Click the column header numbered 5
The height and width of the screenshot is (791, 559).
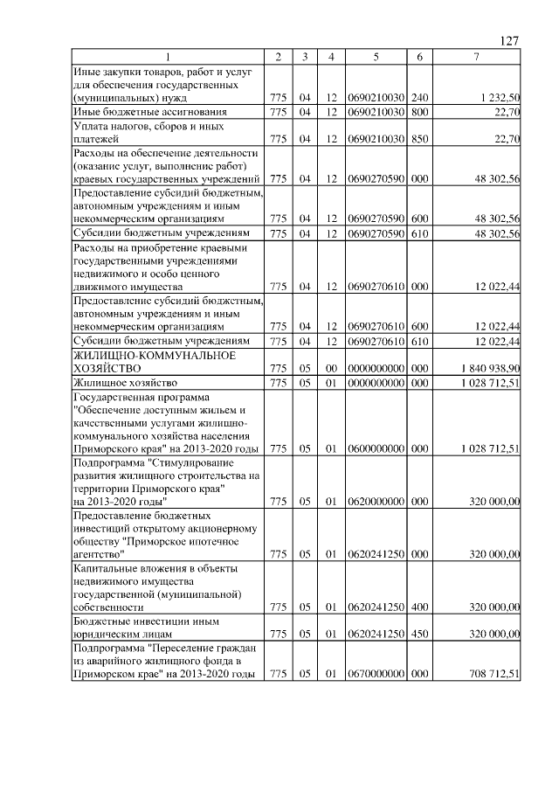375,57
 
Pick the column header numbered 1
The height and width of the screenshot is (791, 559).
168,57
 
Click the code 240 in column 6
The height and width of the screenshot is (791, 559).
419,98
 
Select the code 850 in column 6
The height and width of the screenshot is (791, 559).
419,138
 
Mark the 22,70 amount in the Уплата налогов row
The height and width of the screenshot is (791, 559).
507,138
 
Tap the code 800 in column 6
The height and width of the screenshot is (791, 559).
419,112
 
